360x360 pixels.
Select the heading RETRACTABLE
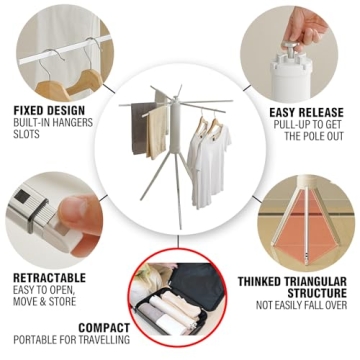49,278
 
